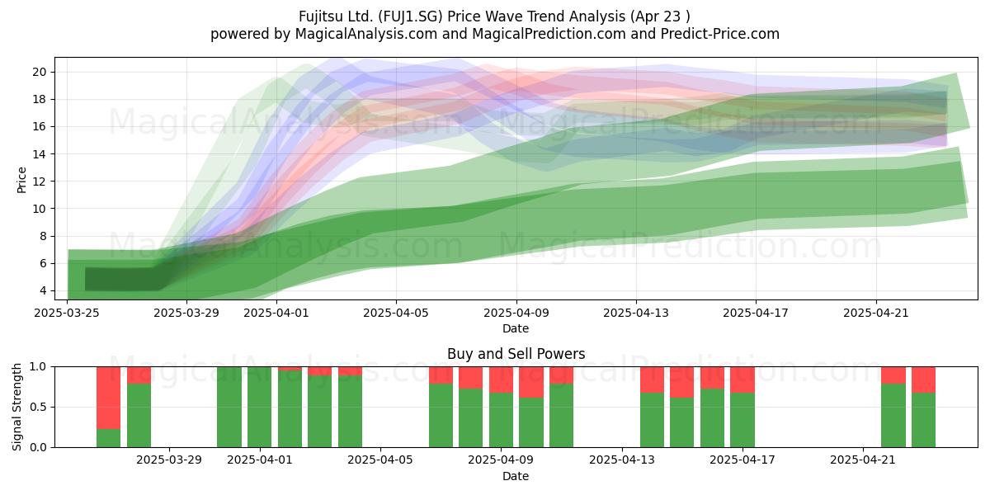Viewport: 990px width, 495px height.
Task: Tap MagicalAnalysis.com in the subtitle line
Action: (366, 34)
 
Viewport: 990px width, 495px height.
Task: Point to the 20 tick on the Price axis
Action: (40, 72)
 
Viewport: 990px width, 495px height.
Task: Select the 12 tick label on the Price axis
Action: (40, 181)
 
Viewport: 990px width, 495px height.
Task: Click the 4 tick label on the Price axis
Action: (43, 290)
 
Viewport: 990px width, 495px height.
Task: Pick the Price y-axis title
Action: (21, 180)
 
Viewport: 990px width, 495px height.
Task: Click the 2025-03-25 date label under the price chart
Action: (67, 313)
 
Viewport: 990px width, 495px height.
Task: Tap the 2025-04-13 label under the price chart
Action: (636, 313)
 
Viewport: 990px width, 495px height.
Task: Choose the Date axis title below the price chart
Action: (516, 328)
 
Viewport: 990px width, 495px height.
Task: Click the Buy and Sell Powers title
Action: (516, 354)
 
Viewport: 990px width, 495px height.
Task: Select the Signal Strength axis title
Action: (16, 407)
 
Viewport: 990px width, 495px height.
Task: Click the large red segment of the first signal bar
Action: (108, 398)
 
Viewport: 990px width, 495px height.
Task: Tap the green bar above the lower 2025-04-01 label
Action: (259, 407)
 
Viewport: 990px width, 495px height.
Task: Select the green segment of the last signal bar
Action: (923, 420)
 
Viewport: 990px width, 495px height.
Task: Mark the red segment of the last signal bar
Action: (923, 379)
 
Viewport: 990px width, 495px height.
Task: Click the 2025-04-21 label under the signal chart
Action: (863, 460)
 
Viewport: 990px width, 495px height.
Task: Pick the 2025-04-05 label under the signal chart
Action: (380, 460)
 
